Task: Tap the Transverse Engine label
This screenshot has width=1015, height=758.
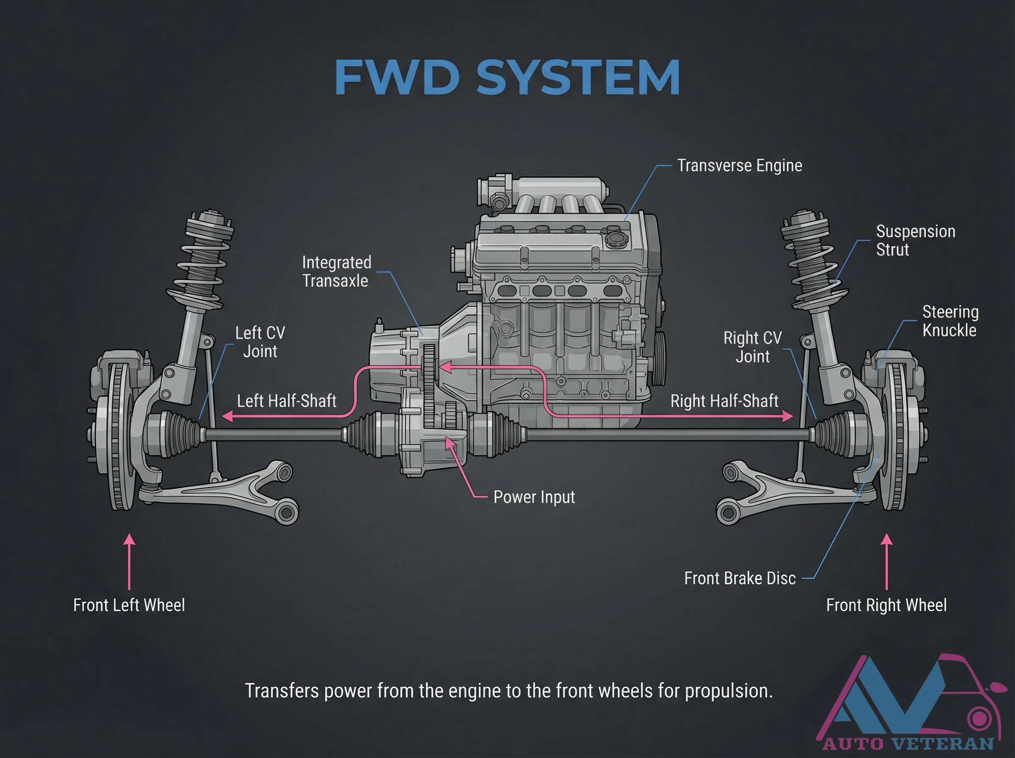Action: click(739, 166)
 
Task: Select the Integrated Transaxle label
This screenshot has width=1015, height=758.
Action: click(336, 272)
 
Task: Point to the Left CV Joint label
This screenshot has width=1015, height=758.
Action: click(260, 342)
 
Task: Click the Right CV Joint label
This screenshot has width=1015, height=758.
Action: click(752, 347)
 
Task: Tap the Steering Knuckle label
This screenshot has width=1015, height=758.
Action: click(950, 321)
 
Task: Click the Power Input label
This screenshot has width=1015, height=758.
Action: click(534, 497)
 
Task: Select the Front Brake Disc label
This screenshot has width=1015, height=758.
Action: click(739, 579)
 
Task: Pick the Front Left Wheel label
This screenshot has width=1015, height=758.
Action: click(129, 605)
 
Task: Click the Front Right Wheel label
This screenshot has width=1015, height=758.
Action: click(886, 605)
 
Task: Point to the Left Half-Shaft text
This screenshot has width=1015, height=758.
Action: click(287, 401)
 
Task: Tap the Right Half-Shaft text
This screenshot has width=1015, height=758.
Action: click(724, 401)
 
